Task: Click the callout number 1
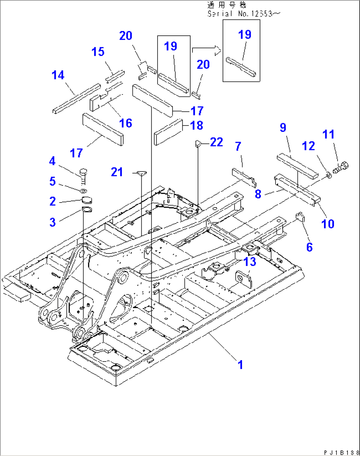(240, 365)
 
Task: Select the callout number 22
(216, 142)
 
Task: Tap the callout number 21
(117, 172)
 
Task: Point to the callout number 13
(250, 262)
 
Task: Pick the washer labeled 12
(329, 175)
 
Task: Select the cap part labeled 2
(87, 200)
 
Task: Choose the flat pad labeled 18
(168, 132)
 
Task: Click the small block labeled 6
(300, 217)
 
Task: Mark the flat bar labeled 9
(297, 166)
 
